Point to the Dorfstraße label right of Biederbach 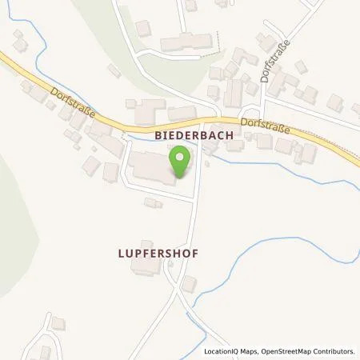point(263,126)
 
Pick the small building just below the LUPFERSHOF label point(190,284)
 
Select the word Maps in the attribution point(249,351)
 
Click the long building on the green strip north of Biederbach point(186,42)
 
